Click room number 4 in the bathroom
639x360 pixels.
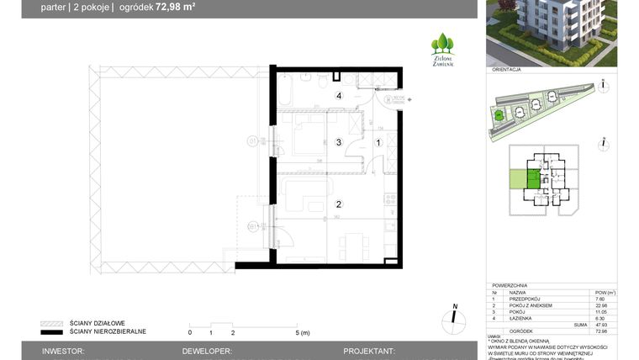pos(340,97)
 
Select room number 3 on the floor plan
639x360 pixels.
pos(340,142)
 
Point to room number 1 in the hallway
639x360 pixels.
pos(378,142)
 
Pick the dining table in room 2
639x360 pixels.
pos(352,245)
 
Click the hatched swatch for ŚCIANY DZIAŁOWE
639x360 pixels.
pos(52,323)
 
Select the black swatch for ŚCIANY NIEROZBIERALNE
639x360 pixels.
pos(52,331)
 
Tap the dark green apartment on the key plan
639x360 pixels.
pos(533,178)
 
